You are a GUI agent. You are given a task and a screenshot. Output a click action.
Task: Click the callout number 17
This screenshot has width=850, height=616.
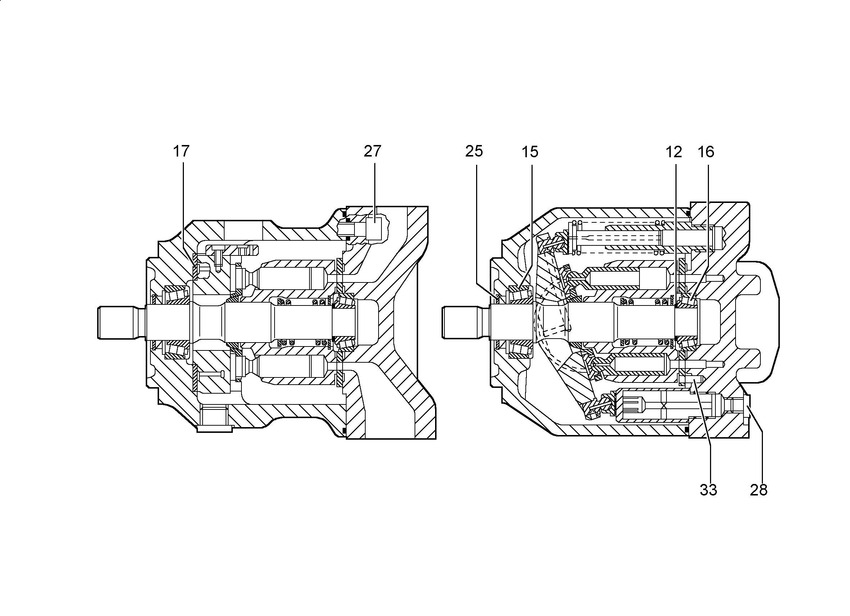(181, 151)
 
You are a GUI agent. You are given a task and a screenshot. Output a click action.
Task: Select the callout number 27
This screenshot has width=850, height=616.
(372, 151)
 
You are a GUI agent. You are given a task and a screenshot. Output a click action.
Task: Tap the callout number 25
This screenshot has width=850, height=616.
(474, 151)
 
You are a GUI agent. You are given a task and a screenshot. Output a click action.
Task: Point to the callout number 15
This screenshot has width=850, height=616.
(530, 152)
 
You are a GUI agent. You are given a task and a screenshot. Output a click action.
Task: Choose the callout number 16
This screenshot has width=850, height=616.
(706, 152)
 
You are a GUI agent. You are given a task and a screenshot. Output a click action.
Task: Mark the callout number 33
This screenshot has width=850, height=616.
(708, 490)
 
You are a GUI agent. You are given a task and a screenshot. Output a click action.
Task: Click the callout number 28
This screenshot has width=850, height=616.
(759, 490)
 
